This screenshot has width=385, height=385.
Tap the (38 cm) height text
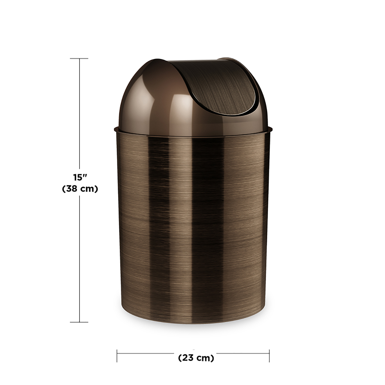click(80, 189)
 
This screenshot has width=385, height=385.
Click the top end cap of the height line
click(79, 58)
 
